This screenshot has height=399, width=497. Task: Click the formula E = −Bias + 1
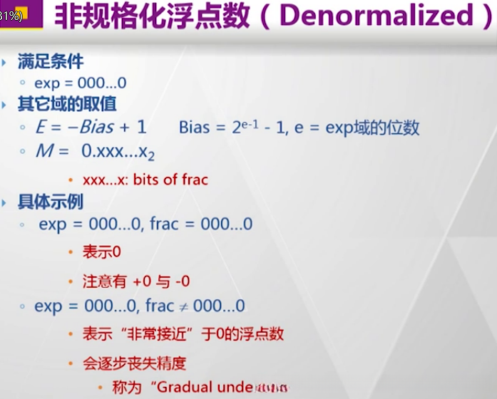[x=91, y=128]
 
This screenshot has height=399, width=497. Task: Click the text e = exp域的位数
[x=362, y=128]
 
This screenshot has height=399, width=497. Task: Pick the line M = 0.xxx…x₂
[x=94, y=152]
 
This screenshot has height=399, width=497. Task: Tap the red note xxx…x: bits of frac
[x=145, y=180]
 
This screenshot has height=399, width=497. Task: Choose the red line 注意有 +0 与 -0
[x=135, y=281]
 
